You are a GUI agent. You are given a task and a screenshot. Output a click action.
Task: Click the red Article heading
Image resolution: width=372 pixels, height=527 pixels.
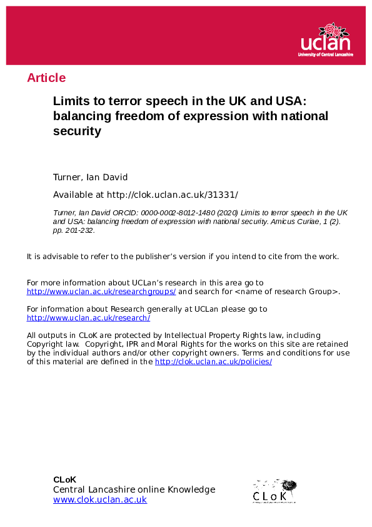click(46, 78)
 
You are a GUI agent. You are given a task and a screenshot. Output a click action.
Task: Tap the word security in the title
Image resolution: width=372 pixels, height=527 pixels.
click(77, 131)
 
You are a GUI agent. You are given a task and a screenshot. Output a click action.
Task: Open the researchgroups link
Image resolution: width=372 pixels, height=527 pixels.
click(101, 292)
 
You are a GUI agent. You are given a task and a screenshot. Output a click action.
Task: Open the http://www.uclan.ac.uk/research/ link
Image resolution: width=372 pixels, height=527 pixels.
click(88, 318)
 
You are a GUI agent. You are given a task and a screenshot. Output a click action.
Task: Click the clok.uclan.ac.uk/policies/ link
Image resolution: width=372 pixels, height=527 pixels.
click(213, 362)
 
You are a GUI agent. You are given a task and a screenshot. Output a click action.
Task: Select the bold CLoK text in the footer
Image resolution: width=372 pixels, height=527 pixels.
click(64, 479)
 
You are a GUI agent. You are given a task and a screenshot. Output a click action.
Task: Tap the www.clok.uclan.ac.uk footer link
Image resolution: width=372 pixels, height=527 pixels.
click(100, 499)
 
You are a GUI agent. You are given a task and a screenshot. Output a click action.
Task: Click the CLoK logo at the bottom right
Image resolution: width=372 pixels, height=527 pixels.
click(274, 491)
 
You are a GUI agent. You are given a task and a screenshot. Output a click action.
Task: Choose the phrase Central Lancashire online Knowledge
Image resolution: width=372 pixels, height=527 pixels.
click(134, 489)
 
